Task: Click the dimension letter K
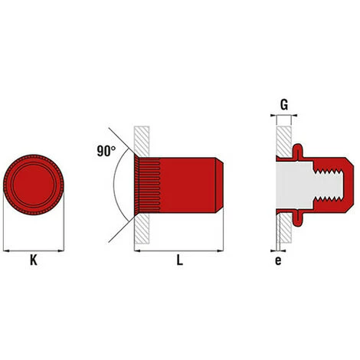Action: pyautogui.click(x=34, y=260)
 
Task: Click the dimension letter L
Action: pyautogui.click(x=180, y=260)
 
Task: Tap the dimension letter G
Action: pyautogui.click(x=284, y=105)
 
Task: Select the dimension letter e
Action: pyautogui.click(x=278, y=261)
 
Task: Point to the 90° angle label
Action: pyautogui.click(x=106, y=151)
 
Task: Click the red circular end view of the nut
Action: pyautogui.click(x=34, y=185)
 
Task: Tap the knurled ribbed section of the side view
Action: pyautogui.click(x=148, y=185)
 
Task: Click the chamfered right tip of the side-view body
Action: pyautogui.click(x=219, y=185)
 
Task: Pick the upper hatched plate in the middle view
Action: pyautogui.click(x=142, y=141)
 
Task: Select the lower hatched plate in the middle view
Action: pyautogui.click(x=142, y=228)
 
